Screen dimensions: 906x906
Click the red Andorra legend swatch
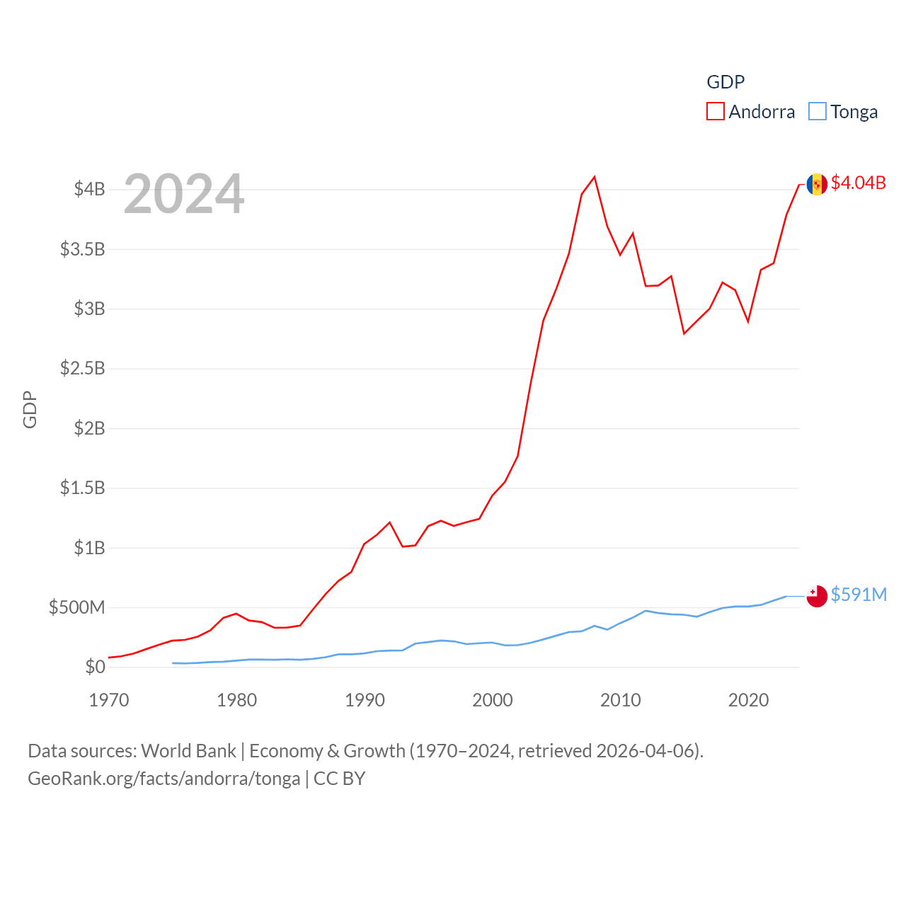coord(715,112)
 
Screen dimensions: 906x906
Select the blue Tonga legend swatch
coord(817,112)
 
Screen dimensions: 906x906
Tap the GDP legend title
coord(726,82)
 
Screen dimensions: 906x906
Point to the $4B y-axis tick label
coord(90,189)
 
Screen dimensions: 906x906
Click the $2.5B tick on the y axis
coord(83,368)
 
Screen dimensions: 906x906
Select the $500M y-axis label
coord(76,607)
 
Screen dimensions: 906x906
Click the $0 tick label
coord(95,667)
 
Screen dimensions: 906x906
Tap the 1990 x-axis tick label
coord(365,701)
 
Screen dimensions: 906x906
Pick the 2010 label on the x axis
coord(621,701)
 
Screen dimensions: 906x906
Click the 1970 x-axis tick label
coord(109,701)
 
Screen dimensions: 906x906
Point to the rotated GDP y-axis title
coord(30,409)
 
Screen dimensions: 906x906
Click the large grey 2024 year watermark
coord(184,194)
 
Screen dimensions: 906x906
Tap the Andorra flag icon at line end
coord(817,184)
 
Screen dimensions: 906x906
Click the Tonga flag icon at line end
coord(817,596)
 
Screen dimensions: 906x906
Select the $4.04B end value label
coord(858,183)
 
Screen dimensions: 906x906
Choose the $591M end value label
coord(859,595)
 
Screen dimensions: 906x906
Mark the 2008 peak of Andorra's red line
coord(595,177)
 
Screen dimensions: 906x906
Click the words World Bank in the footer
coord(188,751)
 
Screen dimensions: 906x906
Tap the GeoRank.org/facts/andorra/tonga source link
coord(164,779)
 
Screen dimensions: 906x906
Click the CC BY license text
coord(339,779)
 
